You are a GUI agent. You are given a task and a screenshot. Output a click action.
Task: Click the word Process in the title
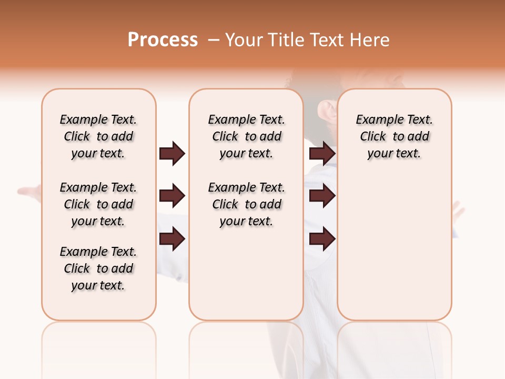[x=163, y=40]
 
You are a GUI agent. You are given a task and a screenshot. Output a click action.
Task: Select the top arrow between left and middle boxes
[x=172, y=154]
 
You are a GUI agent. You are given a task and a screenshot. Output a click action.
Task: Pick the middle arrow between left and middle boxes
[x=172, y=196]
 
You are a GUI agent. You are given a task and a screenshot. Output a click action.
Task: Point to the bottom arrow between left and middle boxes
[x=172, y=239]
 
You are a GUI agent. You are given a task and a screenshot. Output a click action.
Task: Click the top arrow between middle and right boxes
[x=322, y=154]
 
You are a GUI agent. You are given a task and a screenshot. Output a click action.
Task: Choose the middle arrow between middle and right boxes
[x=322, y=196]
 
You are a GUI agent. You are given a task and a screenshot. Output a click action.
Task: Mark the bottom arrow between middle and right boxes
[x=322, y=239]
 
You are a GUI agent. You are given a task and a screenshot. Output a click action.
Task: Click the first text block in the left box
[x=98, y=136]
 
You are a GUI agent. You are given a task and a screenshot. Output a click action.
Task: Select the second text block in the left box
[x=98, y=204]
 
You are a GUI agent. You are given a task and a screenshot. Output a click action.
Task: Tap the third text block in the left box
[x=98, y=268]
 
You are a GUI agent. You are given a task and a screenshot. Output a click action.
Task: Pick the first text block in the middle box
[x=246, y=136]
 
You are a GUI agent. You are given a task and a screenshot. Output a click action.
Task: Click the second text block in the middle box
[x=246, y=204]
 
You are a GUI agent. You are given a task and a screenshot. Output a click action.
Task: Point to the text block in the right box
[x=394, y=136]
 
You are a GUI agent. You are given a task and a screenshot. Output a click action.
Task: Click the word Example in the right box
[x=376, y=120]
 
